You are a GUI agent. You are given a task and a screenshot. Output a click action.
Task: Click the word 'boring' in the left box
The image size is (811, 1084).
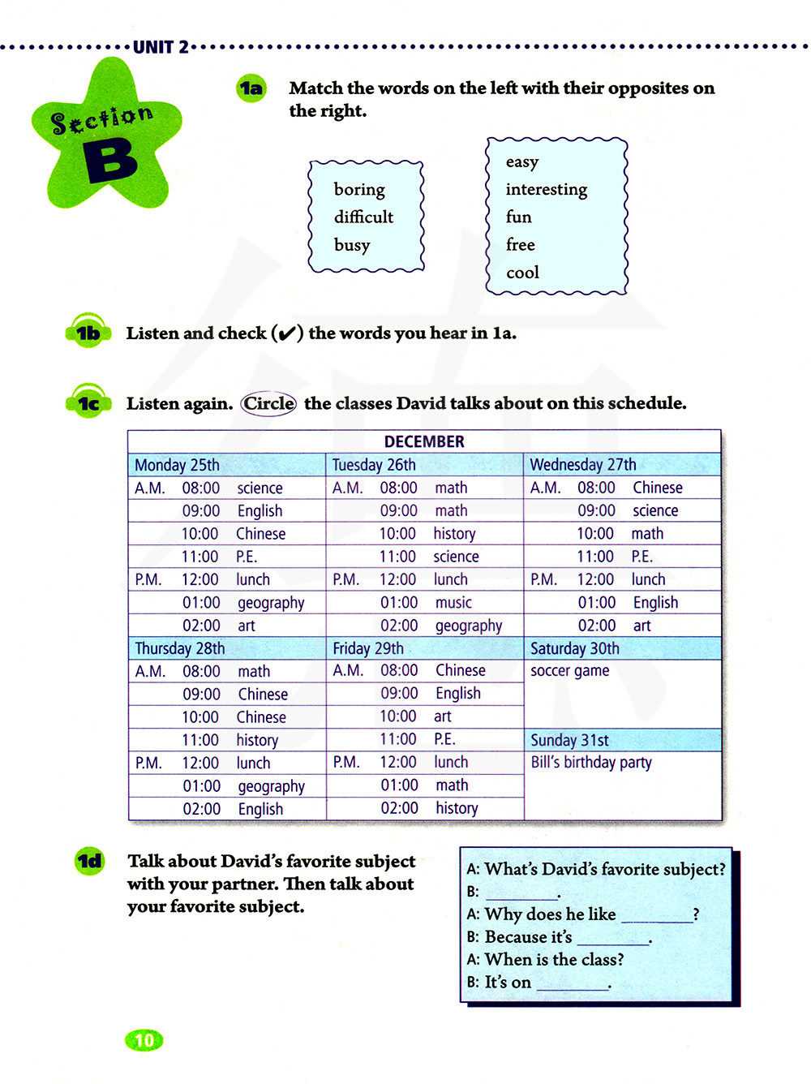pos(359,190)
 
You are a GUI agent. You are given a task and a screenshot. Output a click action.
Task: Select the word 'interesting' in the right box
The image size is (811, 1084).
pos(546,190)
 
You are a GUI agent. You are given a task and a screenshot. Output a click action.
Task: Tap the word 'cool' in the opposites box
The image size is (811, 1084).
pos(522,273)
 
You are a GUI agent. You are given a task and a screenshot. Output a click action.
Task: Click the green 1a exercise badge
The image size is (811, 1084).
pos(251,88)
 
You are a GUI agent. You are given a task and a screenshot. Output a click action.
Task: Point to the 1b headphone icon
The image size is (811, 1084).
pos(88,332)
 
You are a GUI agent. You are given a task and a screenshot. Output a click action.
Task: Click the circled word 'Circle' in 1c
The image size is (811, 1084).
pos(268,403)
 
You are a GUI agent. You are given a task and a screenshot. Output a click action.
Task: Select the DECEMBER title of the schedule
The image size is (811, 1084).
pos(424,441)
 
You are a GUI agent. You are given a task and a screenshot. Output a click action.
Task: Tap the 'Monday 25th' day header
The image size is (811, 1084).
pos(177,465)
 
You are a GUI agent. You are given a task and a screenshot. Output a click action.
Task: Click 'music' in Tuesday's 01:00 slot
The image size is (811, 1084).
pos(453,603)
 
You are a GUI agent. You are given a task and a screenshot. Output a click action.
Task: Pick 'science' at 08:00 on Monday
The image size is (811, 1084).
pos(260,488)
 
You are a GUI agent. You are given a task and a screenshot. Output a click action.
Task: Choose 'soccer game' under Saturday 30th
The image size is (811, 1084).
pos(569,671)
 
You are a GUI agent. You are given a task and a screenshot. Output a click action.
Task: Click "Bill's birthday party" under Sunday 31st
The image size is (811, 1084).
pos(590,763)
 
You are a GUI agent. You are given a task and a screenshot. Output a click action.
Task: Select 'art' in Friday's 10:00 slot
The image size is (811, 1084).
pos(442,716)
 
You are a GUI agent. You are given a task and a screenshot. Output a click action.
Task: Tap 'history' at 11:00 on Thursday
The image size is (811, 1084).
pos(257,740)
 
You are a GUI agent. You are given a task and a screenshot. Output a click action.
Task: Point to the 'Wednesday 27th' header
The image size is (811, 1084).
pos(582,465)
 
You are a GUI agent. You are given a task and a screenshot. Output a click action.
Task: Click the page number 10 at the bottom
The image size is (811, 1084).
pos(144,1040)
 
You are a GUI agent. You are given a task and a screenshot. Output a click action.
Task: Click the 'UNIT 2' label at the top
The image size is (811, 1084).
pos(161,47)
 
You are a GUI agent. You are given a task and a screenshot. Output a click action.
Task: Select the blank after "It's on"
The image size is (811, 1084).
pos(573,984)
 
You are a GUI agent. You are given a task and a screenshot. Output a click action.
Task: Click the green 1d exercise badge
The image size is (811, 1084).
pos(89,861)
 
